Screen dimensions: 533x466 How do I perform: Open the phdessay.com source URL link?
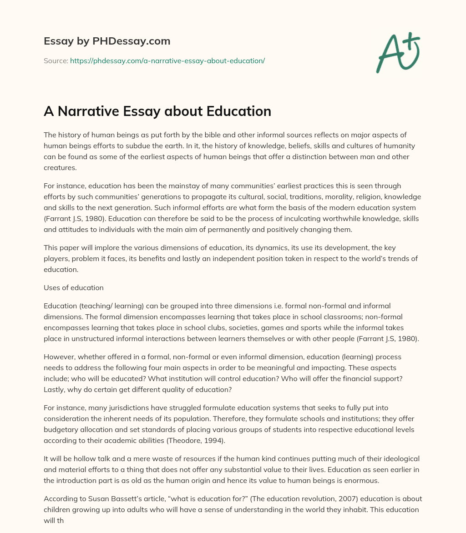point(167,60)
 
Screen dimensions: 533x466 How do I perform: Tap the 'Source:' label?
point(56,60)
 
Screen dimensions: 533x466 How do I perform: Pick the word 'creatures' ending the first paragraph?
point(59,168)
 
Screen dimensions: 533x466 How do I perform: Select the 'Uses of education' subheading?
point(74,288)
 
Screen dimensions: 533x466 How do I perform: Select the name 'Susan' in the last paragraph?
point(94,499)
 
